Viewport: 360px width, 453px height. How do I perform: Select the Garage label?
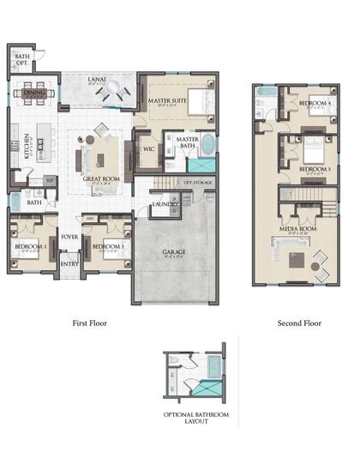pyautogui.click(x=174, y=252)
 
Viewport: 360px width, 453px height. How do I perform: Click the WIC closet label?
pyautogui.click(x=148, y=148)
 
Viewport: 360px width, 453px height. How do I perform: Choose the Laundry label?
pyautogui.click(x=165, y=205)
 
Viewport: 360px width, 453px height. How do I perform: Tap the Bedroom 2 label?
pyautogui.click(x=30, y=247)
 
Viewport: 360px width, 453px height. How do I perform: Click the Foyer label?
pyautogui.click(x=69, y=237)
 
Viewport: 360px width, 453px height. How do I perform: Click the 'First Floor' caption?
pyautogui.click(x=97, y=324)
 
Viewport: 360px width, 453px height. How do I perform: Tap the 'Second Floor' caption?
pyautogui.click(x=299, y=324)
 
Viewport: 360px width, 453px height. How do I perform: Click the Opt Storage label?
pyautogui.click(x=198, y=183)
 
